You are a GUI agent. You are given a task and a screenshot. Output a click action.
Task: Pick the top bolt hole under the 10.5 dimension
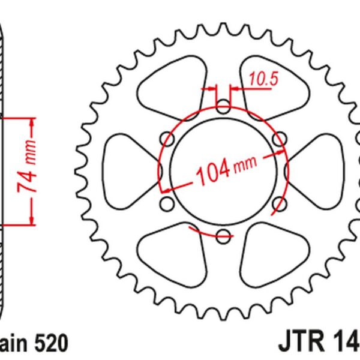(223, 109)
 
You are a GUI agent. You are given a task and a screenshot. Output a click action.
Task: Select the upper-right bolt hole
(278, 140)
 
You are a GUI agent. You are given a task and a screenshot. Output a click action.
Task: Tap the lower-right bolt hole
(278, 204)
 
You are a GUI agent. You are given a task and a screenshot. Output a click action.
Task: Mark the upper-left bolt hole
(169, 140)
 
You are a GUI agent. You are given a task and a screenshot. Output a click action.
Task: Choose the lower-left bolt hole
(169, 204)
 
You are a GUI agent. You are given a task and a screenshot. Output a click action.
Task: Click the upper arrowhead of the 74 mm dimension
(31, 122)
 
